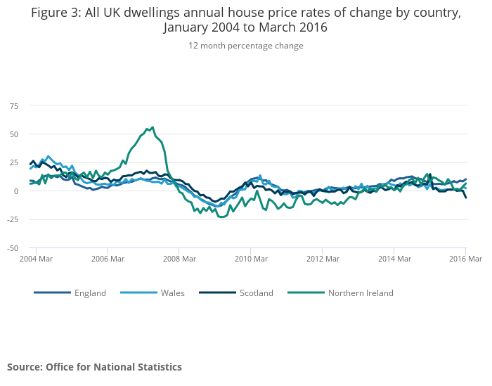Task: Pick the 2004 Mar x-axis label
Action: click(37, 259)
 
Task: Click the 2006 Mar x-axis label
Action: click(107, 259)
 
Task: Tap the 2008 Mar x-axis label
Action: click(179, 259)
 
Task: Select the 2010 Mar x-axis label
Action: click(250, 259)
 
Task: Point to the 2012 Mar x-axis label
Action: click(322, 259)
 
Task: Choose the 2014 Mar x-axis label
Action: click(394, 259)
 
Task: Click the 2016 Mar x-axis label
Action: click(465, 259)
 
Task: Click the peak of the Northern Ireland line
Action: click(153, 127)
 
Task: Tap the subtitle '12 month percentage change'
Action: click(246, 46)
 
